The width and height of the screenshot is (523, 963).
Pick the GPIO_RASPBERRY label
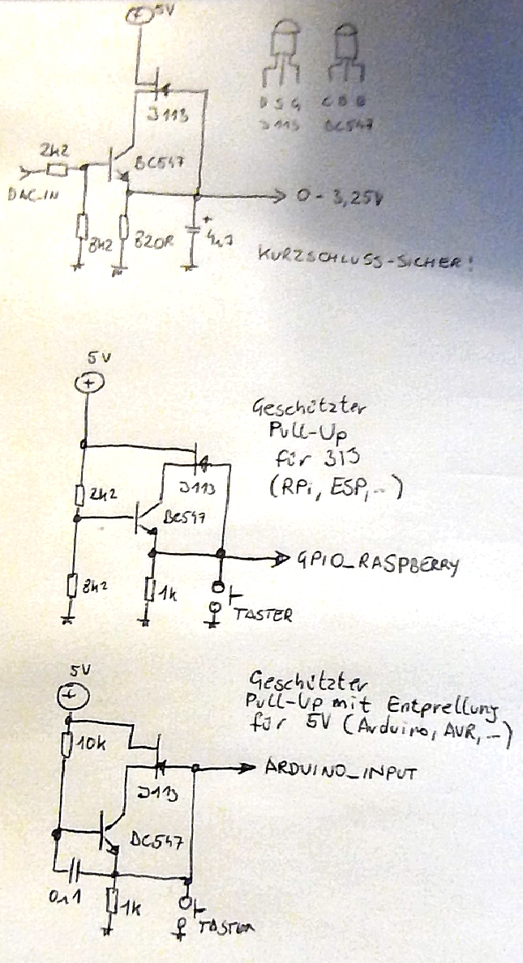tap(378, 561)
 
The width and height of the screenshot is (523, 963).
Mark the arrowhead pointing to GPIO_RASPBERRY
tap(281, 557)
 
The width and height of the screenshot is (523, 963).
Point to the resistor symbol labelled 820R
tap(124, 229)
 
